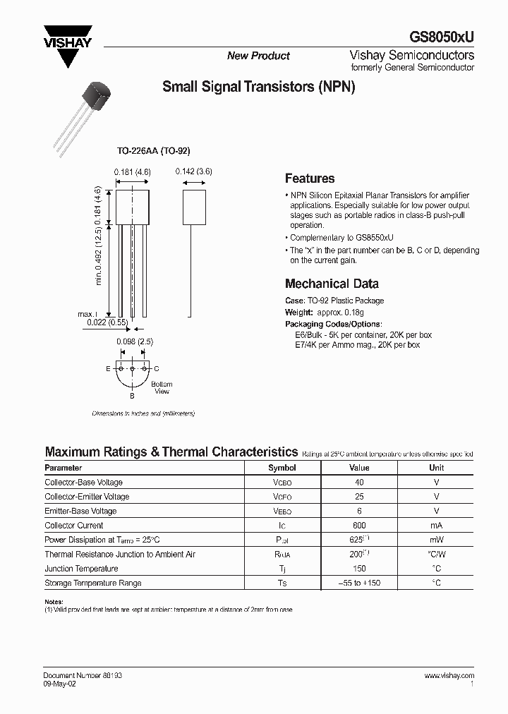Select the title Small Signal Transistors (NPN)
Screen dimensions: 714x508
(258, 87)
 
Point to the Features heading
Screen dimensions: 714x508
(309, 178)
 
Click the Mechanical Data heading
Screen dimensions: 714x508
(332, 284)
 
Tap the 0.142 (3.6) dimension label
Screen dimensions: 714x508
(193, 171)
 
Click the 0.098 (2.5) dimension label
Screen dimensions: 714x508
(134, 341)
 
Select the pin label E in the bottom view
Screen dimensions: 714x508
(108, 369)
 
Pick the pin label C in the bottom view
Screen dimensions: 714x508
(156, 369)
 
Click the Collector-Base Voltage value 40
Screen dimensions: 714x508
(359, 483)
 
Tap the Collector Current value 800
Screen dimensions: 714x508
(359, 526)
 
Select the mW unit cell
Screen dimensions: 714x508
(437, 540)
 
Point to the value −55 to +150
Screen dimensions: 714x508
(359, 583)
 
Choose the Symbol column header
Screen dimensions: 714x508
(282, 468)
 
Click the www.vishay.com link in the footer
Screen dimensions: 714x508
(449, 675)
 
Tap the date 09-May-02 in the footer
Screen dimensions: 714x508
(59, 684)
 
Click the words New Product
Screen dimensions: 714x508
(258, 56)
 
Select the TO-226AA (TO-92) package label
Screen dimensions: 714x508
(154, 151)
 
